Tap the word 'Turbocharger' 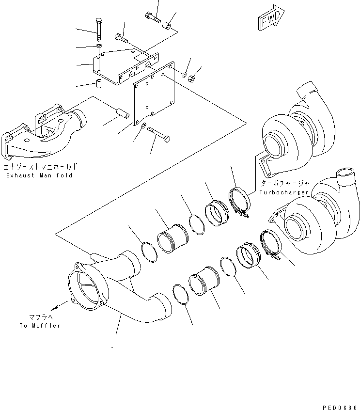pyautogui.click(x=284, y=192)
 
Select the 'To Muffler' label pyautogui.click(x=40, y=326)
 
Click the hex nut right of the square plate pyautogui.click(x=191, y=77)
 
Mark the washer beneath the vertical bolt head pyautogui.click(x=98, y=46)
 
